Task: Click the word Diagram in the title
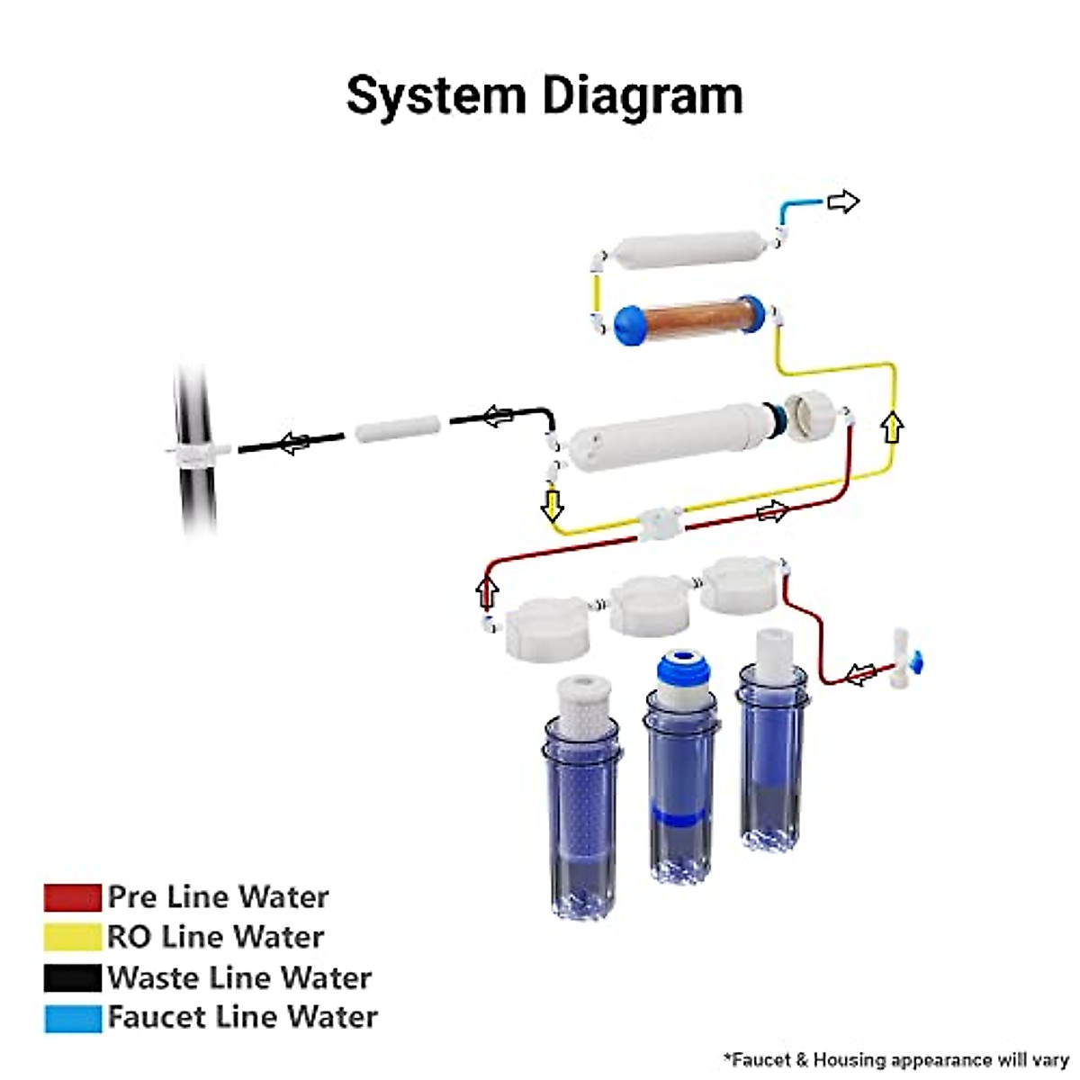(635, 95)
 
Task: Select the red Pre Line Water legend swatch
(72, 897)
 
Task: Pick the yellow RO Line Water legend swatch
(72, 937)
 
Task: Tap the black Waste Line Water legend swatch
(72, 977)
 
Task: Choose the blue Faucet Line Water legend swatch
(72, 1018)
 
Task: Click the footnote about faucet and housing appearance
(895, 1059)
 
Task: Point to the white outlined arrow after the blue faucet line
(843, 202)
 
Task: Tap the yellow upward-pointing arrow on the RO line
(892, 427)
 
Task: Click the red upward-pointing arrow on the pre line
(487, 593)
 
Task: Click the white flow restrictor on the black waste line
(397, 428)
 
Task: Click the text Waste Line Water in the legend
(239, 977)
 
